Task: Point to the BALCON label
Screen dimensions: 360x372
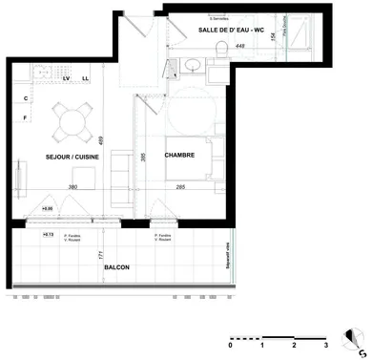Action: (117, 267)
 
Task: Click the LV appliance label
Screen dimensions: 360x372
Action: (67, 78)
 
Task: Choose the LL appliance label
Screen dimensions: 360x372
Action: (85, 78)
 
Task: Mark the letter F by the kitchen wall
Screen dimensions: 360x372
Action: (25, 117)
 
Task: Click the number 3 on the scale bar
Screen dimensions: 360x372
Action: (326, 346)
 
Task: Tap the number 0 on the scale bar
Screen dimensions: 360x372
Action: (230, 346)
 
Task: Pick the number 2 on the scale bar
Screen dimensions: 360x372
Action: (295, 346)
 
